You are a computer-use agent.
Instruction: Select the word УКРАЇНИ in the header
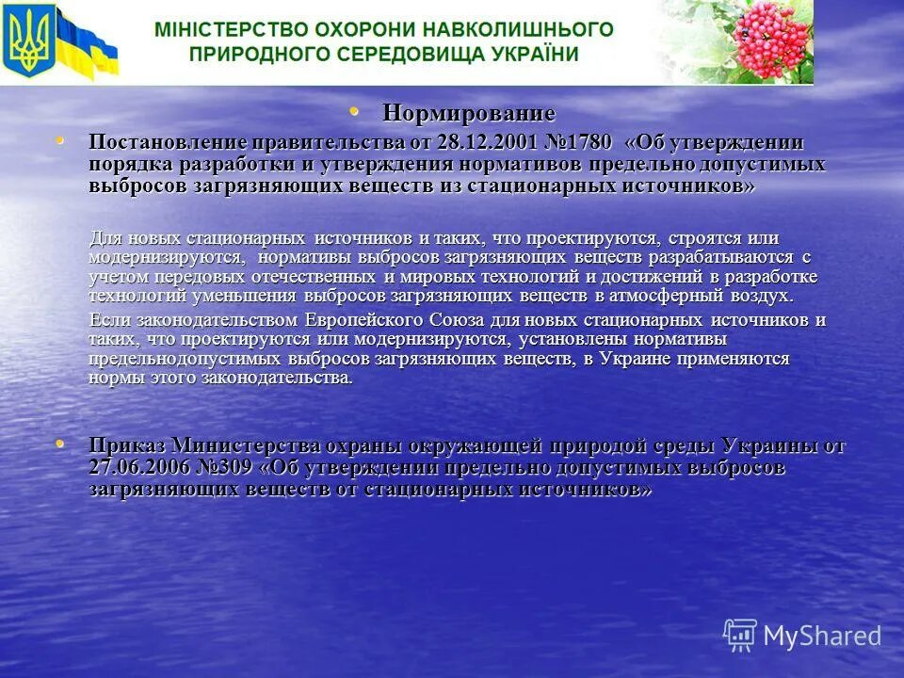click(x=534, y=54)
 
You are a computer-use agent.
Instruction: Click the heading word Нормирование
click(x=468, y=113)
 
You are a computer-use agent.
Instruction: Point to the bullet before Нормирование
click(x=355, y=111)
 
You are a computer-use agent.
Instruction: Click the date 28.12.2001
click(x=486, y=142)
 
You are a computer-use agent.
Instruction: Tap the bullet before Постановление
click(x=61, y=141)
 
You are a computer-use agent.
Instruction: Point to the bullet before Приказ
click(x=61, y=444)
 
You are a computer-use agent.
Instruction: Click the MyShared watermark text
click(x=822, y=636)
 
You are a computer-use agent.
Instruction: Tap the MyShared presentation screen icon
click(x=741, y=636)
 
